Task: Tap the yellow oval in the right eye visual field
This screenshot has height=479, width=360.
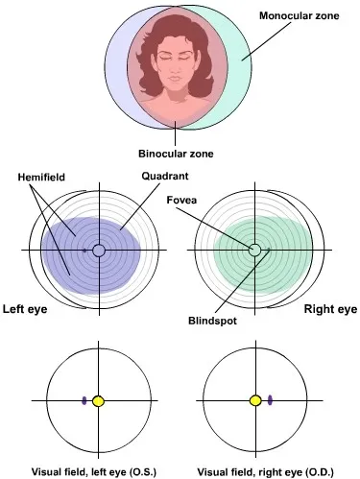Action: pyautogui.click(x=256, y=399)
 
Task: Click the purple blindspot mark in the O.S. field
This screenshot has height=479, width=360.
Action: pyautogui.click(x=84, y=399)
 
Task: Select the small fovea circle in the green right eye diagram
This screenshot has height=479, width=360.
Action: pyautogui.click(x=255, y=251)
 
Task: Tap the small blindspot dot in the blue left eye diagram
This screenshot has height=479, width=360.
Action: pyautogui.click(x=84, y=251)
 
